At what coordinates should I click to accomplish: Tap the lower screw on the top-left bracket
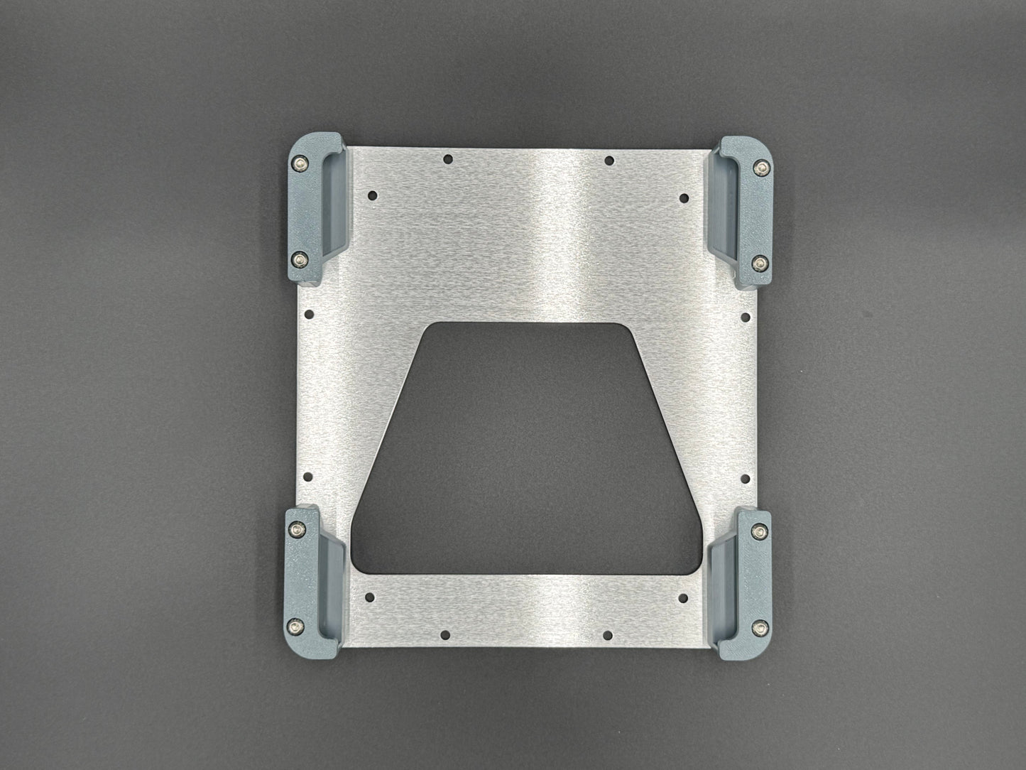coord(300,256)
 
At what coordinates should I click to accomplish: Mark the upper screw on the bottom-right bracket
coord(762,531)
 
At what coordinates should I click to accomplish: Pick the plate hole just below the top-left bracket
coord(308,313)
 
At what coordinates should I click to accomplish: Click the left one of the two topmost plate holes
coord(447,160)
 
